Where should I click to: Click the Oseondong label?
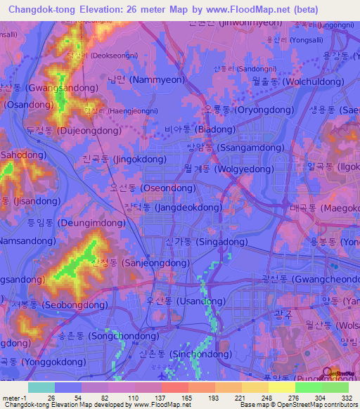pos(148,188)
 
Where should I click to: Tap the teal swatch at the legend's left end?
pos(41,387)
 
